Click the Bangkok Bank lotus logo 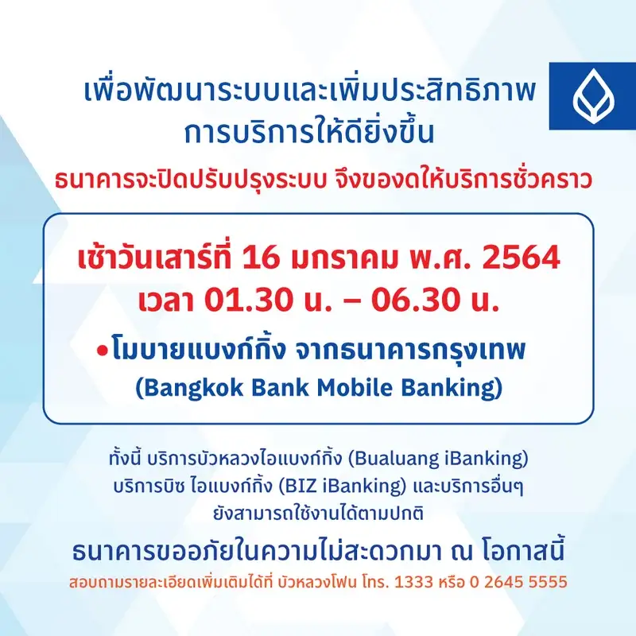point(593,96)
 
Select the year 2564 point(522,257)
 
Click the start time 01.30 point(248,300)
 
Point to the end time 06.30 point(416,300)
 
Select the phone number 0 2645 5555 point(518,582)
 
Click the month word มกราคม point(344,258)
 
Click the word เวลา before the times point(166,301)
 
